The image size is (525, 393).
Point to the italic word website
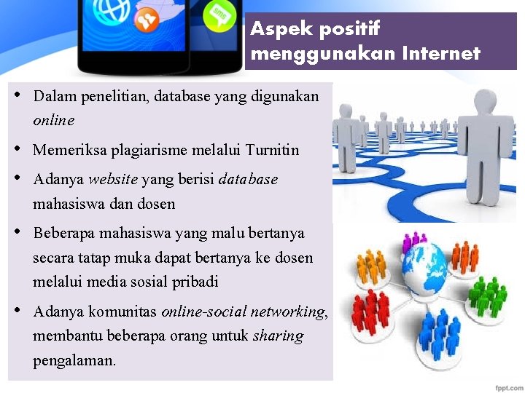coord(113,180)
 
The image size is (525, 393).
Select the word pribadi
coord(193,282)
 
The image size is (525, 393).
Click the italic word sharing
coord(278,336)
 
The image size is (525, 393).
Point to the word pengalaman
coord(74,360)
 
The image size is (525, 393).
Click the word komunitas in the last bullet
coord(122,312)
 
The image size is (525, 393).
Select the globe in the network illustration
coord(424,262)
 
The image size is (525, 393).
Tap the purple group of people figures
coord(415,239)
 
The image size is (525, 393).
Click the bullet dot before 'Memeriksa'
coord(18,149)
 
